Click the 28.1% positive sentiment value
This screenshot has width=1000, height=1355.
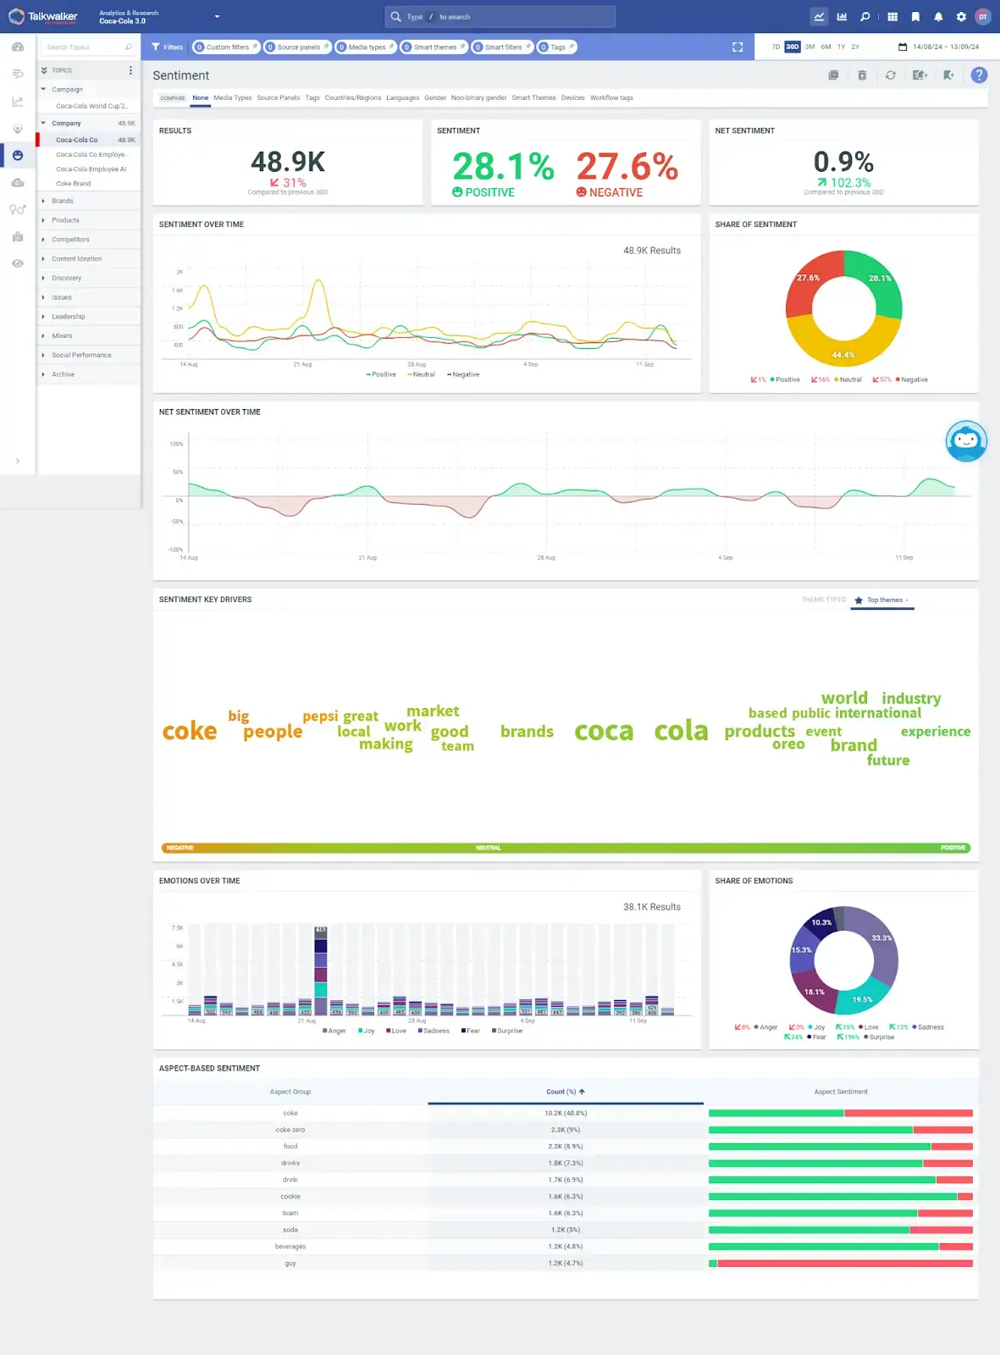point(503,166)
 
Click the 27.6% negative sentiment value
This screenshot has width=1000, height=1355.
point(627,166)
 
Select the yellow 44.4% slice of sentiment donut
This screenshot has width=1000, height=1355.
point(843,347)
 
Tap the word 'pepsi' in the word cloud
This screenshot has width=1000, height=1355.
point(320,716)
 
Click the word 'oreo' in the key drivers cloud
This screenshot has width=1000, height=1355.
point(787,744)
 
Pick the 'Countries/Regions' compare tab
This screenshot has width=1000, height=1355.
point(352,97)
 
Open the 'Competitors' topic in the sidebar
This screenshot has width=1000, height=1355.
point(70,240)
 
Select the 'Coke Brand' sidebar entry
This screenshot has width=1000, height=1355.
point(73,183)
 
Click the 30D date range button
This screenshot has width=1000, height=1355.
point(792,47)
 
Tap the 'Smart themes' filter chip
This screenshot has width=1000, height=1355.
point(434,47)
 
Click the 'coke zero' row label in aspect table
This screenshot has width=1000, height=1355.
point(290,1130)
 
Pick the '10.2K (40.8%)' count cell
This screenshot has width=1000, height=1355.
point(565,1113)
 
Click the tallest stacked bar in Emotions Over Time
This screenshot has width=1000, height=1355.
point(321,970)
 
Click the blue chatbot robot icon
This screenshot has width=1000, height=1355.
point(966,440)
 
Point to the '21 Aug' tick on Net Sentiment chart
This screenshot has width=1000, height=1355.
point(367,557)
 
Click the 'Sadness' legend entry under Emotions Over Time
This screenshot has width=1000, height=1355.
point(434,1031)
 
